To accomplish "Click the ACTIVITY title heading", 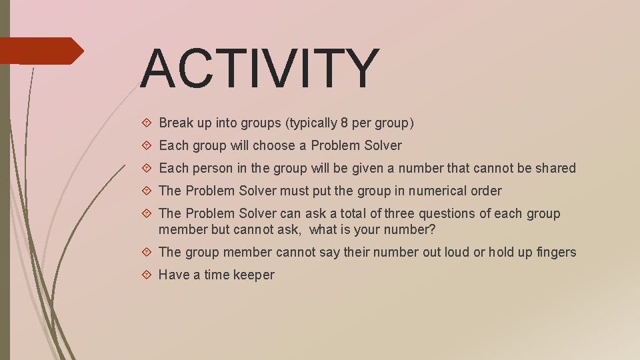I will coord(260,68).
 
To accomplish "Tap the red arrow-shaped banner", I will coord(40,51).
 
